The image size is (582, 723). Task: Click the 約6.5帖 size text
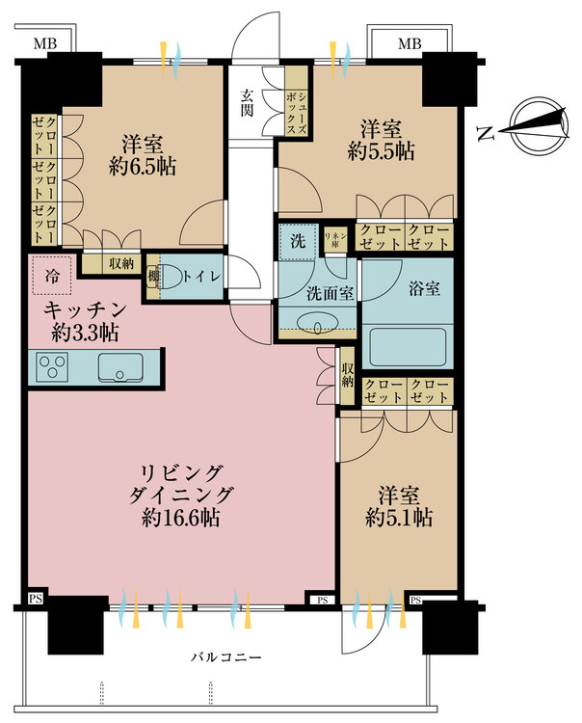click(x=142, y=166)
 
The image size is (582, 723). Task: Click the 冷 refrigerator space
click(x=51, y=277)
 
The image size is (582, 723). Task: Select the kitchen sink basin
click(x=120, y=366)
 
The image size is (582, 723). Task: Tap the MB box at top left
click(x=44, y=44)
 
